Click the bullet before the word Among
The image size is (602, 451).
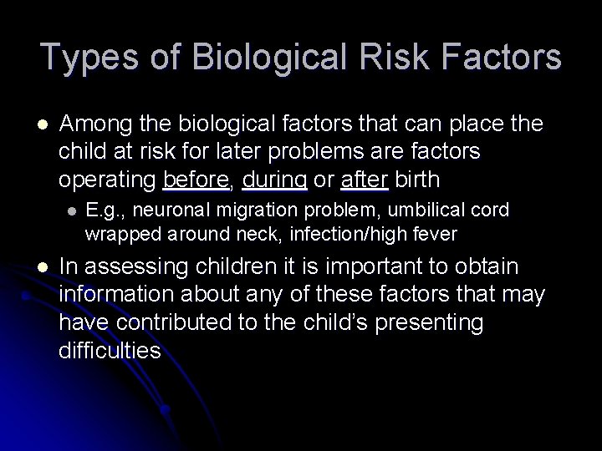(43, 125)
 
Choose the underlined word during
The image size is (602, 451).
(273, 179)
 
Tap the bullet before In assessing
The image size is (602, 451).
(43, 267)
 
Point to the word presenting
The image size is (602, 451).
(448, 323)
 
